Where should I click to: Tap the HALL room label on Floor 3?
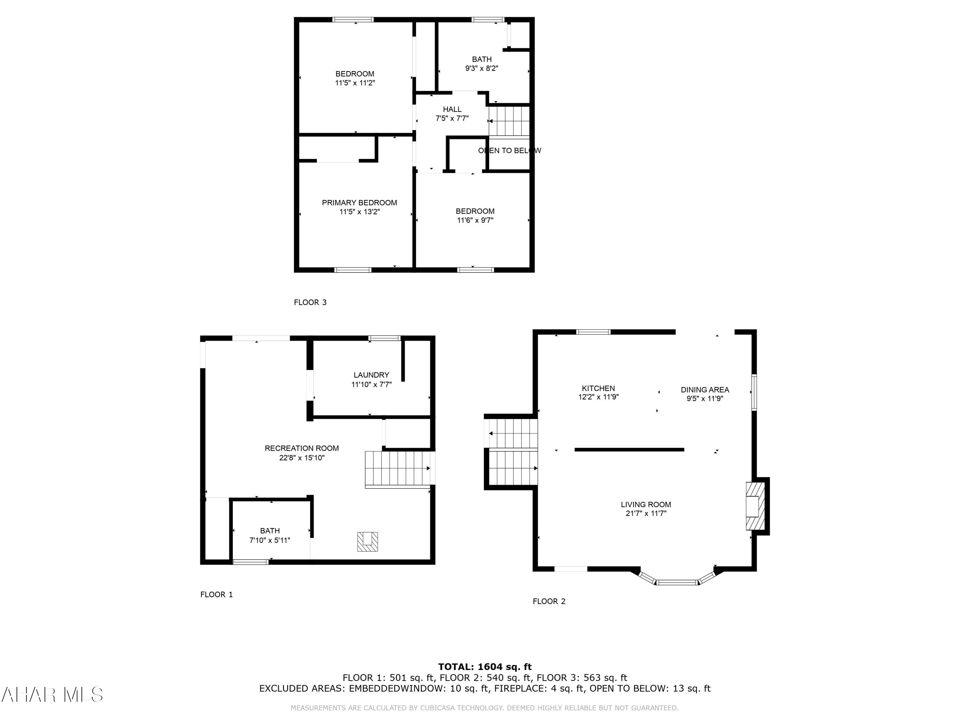[x=452, y=109]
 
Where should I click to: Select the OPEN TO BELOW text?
[x=509, y=150]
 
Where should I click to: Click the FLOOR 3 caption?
[x=310, y=302]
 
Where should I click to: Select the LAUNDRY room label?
[x=371, y=375]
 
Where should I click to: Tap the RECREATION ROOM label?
[x=301, y=448]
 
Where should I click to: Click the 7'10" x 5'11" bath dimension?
[x=270, y=540]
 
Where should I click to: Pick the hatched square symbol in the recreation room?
[x=368, y=542]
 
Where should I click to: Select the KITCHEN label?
[x=598, y=388]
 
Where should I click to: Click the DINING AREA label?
[x=705, y=390]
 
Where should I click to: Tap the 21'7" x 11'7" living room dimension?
[x=646, y=513]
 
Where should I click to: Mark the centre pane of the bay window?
[x=677, y=582]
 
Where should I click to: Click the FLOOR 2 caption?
[x=549, y=601]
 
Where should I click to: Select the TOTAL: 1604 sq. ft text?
[x=485, y=667]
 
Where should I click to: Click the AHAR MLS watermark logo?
[x=52, y=695]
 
